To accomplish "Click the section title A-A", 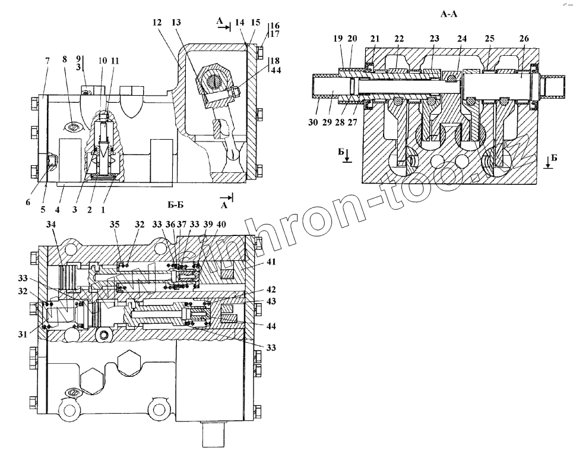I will [448, 13].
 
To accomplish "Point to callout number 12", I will [157, 23].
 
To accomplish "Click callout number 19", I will [338, 39].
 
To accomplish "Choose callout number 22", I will [399, 39].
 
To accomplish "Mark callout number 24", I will [461, 39].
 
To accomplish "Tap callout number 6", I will [28, 202].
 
